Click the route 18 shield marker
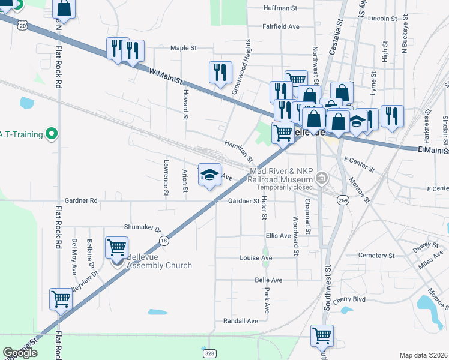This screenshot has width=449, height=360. tap(163, 239)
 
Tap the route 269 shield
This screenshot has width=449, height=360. tap(342, 200)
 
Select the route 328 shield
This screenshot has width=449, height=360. tap(209, 353)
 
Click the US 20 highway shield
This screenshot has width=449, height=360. tap(23, 25)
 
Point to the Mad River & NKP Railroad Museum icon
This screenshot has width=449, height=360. tap(322, 177)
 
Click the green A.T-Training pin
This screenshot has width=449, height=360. tap(52, 133)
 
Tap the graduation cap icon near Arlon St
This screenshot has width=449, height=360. tap(209, 175)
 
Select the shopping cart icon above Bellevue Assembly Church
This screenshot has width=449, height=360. tap(116, 247)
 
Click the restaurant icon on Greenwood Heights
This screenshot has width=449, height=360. tap(220, 72)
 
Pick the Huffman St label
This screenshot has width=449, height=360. tap(280, 8)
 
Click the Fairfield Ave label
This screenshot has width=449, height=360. tap(280, 27)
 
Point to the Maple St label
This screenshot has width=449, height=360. tap(184, 48)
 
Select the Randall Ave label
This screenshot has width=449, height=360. tap(240, 321)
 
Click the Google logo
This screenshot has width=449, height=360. tap(20, 353)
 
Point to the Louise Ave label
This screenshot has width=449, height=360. tap(256, 258)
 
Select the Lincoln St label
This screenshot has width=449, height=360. tap(382, 19)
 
